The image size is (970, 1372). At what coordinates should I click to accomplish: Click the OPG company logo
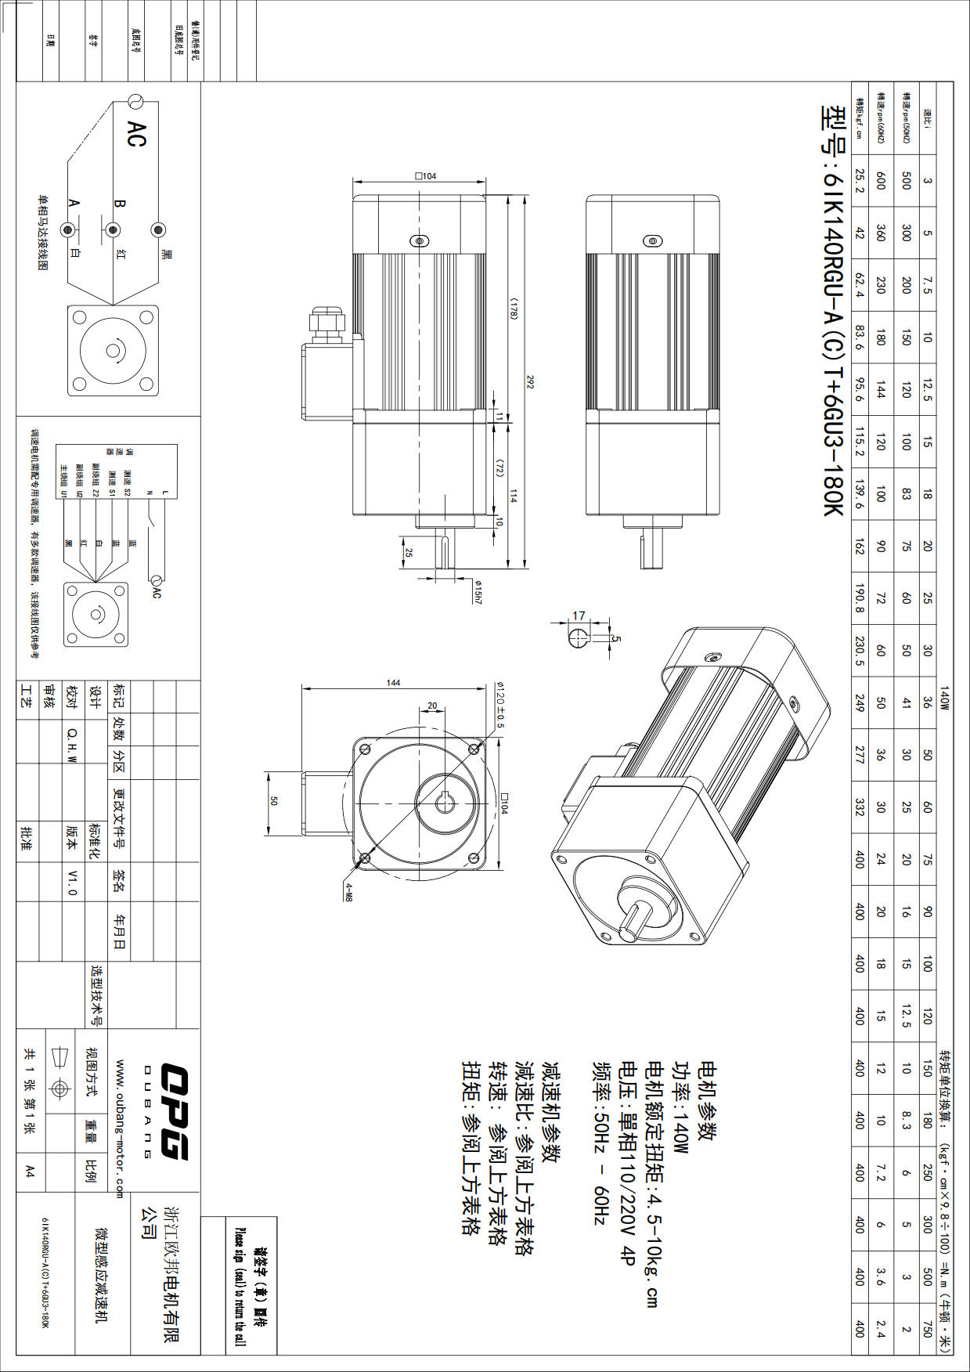point(175,1110)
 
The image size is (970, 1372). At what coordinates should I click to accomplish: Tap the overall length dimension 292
point(530,382)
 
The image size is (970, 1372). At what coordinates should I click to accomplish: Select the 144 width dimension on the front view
point(393,683)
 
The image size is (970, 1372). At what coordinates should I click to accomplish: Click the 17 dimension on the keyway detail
point(579,616)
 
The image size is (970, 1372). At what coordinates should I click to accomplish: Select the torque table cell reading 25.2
point(860,181)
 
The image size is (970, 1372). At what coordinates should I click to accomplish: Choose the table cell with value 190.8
point(860,598)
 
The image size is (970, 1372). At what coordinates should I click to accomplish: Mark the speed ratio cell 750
point(927,1328)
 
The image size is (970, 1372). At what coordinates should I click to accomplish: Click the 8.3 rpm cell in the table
point(906,1120)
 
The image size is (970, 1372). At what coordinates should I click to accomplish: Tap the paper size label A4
point(30,1171)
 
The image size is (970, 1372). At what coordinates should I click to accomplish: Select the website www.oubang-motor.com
point(120,1128)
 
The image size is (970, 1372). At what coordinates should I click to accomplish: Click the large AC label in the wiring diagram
point(135,134)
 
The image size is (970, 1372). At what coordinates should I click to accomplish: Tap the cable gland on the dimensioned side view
point(326,323)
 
